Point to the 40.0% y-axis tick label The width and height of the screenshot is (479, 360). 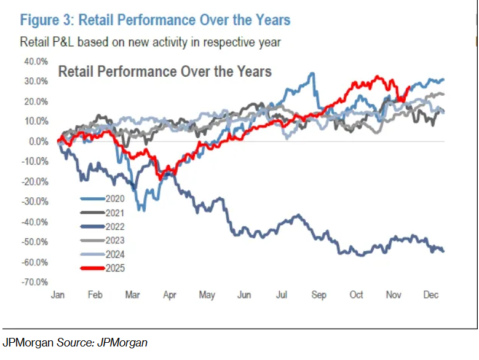tap(36, 61)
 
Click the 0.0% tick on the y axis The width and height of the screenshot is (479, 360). tap(38, 141)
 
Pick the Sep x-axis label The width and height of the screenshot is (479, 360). tap(319, 295)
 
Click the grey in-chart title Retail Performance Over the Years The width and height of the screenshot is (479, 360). tap(164, 71)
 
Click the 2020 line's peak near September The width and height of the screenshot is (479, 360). tap(312, 74)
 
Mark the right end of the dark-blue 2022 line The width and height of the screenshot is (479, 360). tap(443, 250)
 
